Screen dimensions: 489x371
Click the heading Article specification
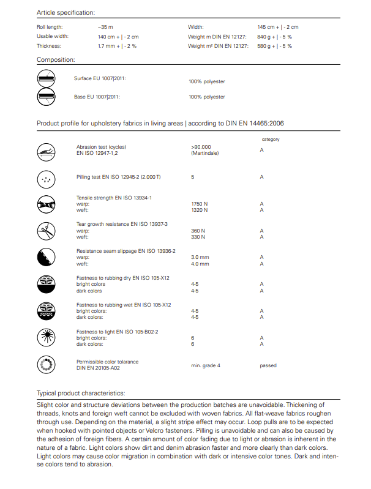tap(66, 12)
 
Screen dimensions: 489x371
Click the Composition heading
tap(56, 60)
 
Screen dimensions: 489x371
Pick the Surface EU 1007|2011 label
tap(100, 79)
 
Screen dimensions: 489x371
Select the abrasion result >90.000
tap(201, 147)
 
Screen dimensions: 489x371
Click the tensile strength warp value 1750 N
tap(200, 204)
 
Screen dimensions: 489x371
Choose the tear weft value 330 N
tap(198, 237)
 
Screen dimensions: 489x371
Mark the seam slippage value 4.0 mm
tap(200, 264)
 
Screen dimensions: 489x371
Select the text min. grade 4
tap(206, 365)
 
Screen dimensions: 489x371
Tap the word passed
tap(268, 365)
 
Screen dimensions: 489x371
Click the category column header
tap(271, 140)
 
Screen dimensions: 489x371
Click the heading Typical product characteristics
tap(81, 393)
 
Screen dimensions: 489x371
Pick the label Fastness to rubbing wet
tap(123, 304)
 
